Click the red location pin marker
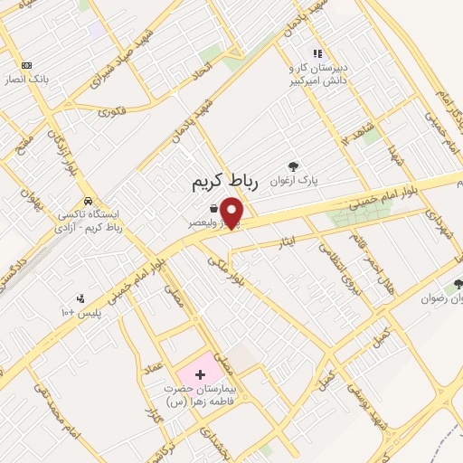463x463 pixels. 233,213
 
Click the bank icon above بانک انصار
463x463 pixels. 26,65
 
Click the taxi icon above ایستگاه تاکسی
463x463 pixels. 88,201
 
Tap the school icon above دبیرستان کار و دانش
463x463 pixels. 317,53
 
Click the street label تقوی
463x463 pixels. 112,112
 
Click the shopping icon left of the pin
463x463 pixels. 213,209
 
